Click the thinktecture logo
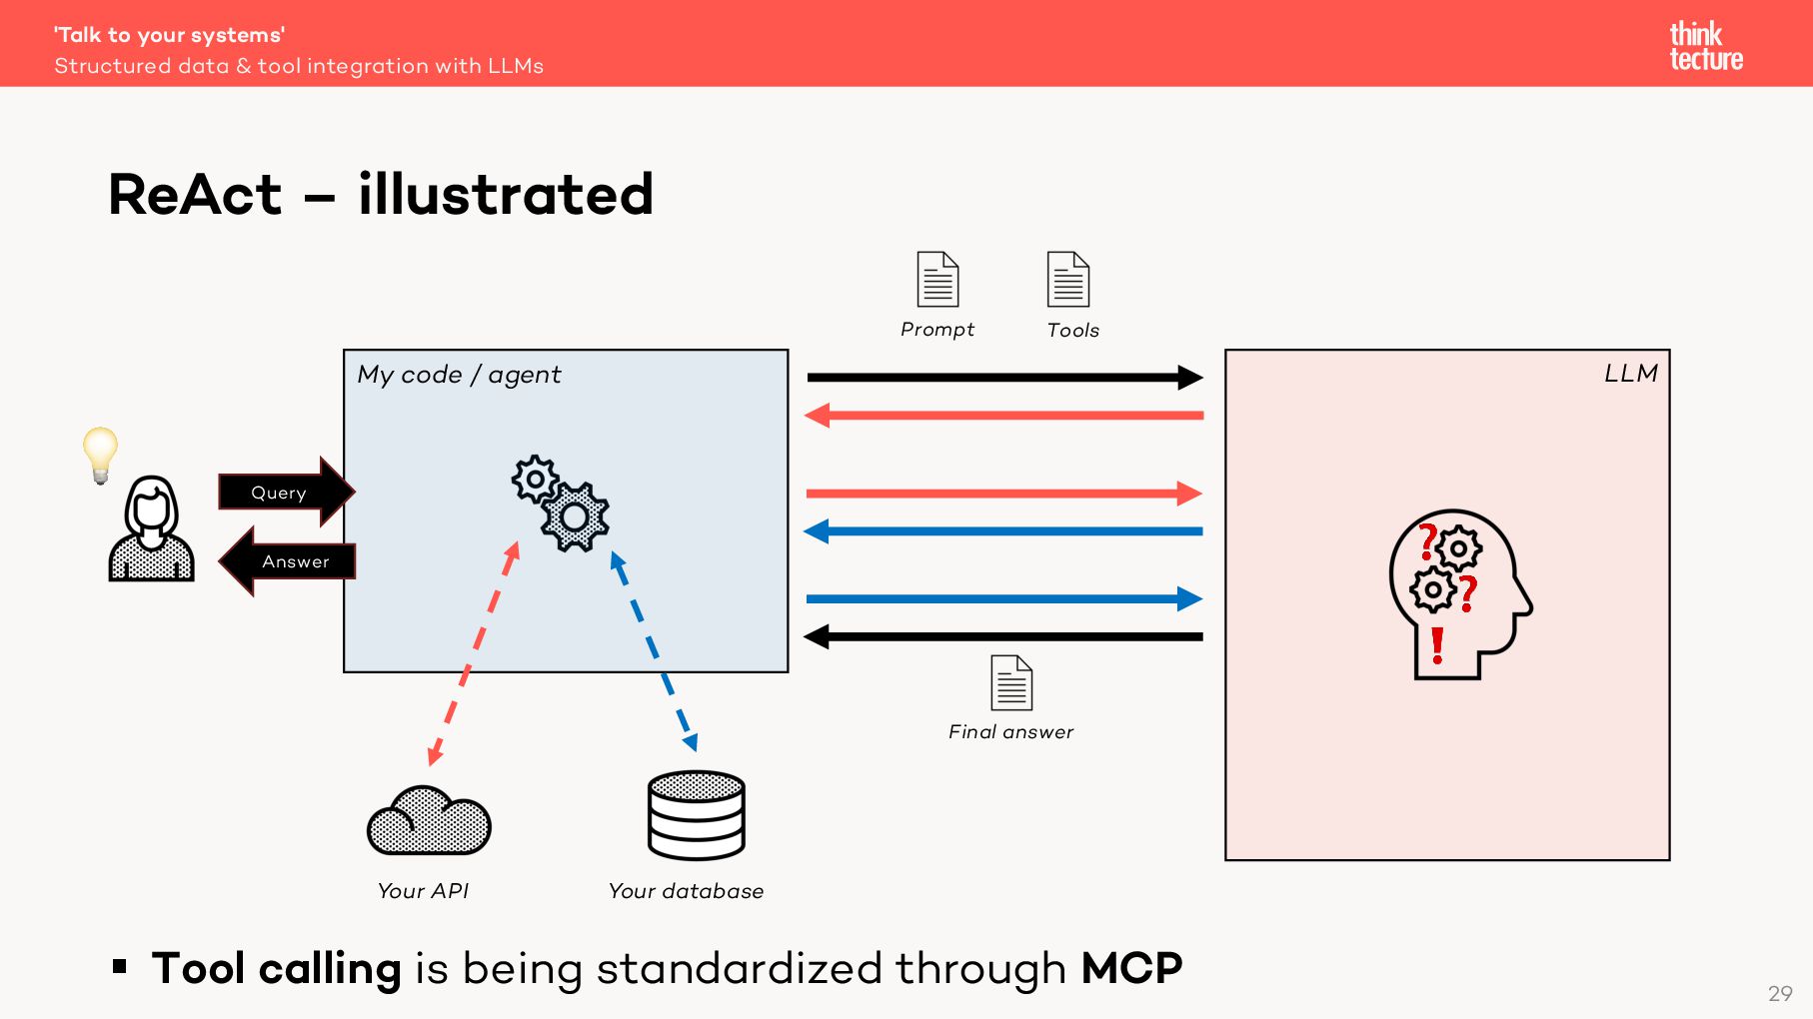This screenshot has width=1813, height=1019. point(1705,46)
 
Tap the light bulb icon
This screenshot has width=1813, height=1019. point(100,454)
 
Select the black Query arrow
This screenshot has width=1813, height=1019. point(284,492)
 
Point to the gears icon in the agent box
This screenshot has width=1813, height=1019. point(561,503)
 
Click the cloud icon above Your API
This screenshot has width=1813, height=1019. point(429,821)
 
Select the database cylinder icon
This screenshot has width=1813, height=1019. point(696,814)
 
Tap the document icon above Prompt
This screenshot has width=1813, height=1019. point(937,279)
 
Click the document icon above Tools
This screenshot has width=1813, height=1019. point(1067,279)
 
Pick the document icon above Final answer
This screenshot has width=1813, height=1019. point(1010,682)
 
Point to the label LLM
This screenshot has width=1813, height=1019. point(1630,374)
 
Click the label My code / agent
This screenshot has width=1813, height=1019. point(459,375)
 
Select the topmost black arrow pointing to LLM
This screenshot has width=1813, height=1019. point(1003,378)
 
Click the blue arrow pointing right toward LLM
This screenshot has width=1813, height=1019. point(1003,599)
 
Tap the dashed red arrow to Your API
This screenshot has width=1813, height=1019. point(473,654)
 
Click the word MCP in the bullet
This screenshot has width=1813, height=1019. point(1131,968)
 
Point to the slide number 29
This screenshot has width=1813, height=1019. point(1779,993)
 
